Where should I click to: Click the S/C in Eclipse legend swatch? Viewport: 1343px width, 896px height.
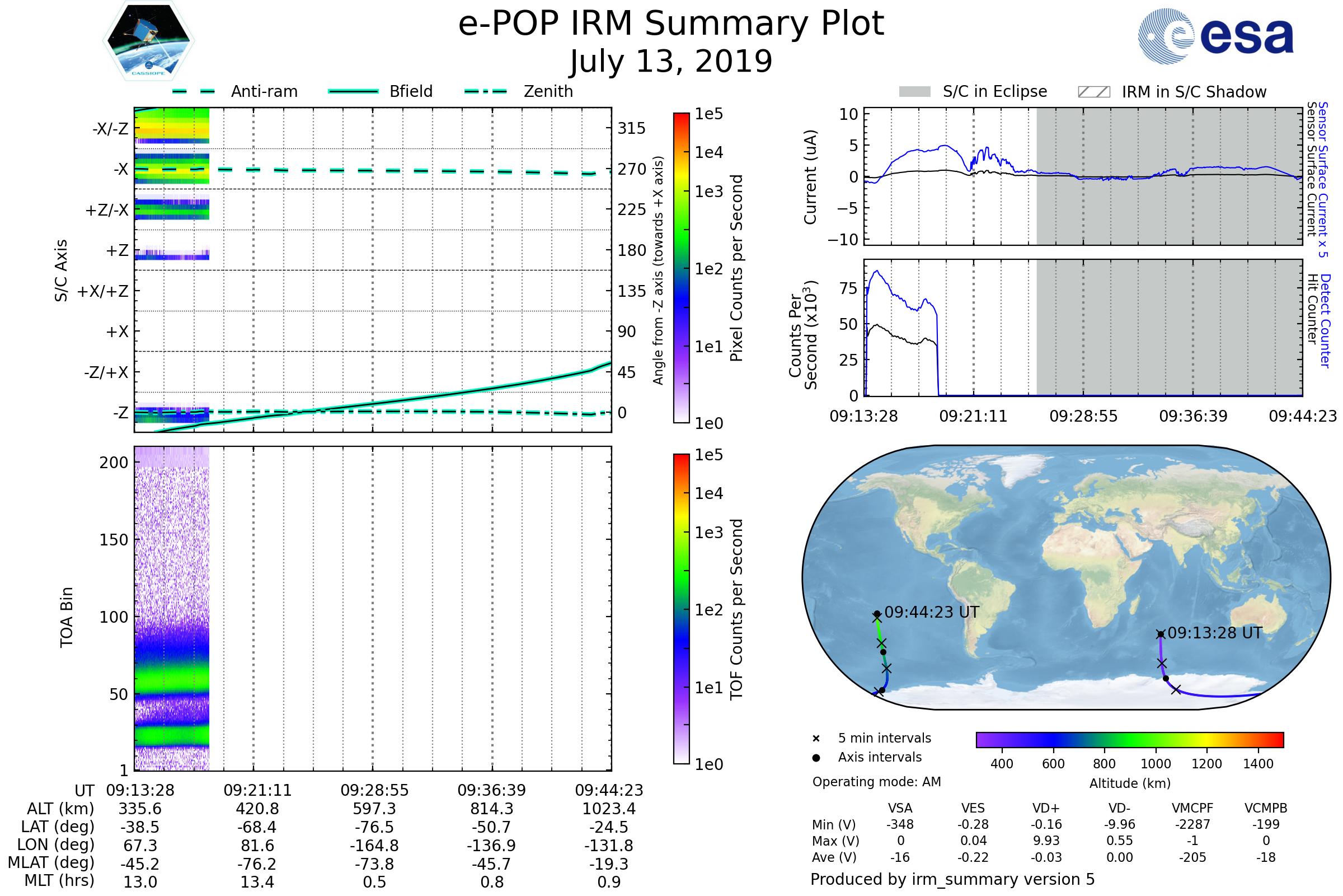click(914, 92)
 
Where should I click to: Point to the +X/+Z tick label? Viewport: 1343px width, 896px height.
click(103, 291)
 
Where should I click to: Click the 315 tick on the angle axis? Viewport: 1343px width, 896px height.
click(631, 129)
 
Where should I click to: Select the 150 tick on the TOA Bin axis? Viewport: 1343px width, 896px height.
click(114, 540)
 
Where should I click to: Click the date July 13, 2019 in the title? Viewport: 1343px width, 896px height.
click(671, 61)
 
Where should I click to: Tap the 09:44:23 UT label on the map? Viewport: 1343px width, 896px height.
click(931, 613)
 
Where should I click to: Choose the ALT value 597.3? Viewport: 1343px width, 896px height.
click(374, 809)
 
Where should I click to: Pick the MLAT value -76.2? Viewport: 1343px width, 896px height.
click(257, 864)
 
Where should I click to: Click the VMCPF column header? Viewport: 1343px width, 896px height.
click(1192, 809)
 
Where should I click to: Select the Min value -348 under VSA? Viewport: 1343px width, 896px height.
click(900, 824)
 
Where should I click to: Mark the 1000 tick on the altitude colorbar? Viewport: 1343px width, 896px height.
click(1155, 764)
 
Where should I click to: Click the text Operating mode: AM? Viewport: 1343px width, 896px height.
click(876, 782)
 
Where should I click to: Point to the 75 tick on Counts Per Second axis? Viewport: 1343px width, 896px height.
click(848, 288)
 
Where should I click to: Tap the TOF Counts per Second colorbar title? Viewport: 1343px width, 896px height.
click(736, 609)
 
